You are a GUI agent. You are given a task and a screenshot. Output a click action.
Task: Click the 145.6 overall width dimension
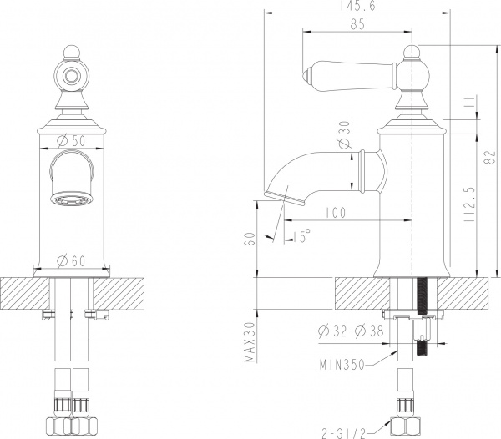click(357, 6)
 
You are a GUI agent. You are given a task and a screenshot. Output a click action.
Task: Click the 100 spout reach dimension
click(335, 214)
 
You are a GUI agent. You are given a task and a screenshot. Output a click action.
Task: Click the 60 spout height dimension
click(249, 240)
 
